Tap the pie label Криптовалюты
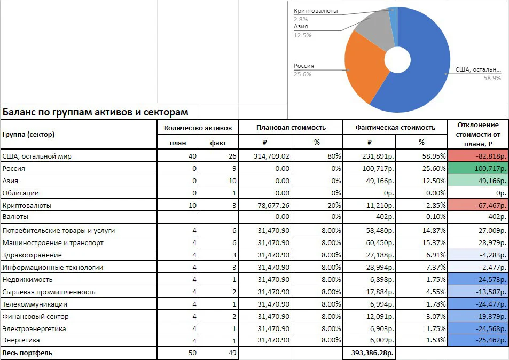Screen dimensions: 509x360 click(316, 11)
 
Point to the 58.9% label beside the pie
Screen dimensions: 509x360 click(492, 78)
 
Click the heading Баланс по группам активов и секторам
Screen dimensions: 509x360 click(95, 112)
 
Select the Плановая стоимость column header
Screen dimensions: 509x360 click(291, 127)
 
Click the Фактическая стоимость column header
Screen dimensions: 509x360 click(395, 127)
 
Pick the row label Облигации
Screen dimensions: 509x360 click(20, 193)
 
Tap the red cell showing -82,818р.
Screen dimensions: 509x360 click(478, 156)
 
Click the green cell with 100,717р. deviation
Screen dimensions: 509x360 click(478, 168)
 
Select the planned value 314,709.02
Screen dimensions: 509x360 click(271, 156)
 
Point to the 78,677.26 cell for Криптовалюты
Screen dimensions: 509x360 click(273, 206)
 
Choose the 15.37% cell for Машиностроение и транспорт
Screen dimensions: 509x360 click(434, 243)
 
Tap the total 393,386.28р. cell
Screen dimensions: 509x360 click(373, 353)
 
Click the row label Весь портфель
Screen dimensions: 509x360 click(27, 353)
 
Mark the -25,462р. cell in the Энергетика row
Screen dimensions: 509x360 click(478, 340)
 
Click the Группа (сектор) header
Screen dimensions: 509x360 click(28, 135)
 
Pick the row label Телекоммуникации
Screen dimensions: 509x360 click(35, 304)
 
